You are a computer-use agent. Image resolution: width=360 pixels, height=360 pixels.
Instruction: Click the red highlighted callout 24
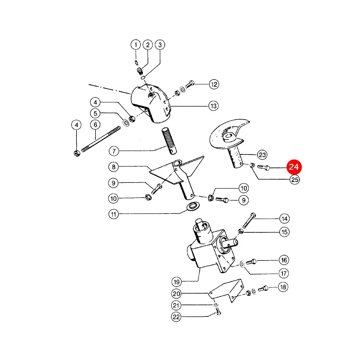[294, 167]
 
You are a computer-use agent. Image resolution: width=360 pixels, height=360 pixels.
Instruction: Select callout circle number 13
[214, 106]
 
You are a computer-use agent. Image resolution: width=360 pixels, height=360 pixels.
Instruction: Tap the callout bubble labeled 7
[114, 151]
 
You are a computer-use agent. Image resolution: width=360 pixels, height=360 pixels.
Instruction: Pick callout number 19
[176, 282]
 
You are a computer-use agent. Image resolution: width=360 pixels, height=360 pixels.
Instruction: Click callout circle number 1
[136, 44]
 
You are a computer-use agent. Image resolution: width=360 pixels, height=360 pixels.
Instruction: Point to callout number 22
[176, 317]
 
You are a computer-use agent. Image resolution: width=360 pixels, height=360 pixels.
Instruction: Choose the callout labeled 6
[96, 125]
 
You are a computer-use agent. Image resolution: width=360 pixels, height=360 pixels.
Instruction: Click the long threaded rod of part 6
[101, 139]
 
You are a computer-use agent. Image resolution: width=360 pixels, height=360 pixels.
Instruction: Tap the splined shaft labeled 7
[170, 140]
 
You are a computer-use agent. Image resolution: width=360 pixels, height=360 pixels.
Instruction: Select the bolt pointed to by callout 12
[190, 84]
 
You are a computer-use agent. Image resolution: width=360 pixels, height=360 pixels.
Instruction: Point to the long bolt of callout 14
[249, 220]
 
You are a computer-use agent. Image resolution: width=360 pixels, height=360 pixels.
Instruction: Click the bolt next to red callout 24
[264, 168]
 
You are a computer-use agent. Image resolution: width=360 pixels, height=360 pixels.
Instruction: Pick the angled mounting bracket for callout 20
[226, 291]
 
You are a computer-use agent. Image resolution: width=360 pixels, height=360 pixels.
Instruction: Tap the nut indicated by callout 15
[241, 231]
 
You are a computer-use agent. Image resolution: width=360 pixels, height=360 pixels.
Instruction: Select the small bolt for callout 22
[218, 312]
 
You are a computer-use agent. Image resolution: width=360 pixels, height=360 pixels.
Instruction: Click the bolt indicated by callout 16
[251, 262]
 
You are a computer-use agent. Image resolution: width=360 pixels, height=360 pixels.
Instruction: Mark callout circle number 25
[295, 179]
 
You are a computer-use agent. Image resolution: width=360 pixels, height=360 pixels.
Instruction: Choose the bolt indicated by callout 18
[263, 288]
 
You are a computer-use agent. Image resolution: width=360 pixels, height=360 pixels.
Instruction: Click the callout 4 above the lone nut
[76, 125]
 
